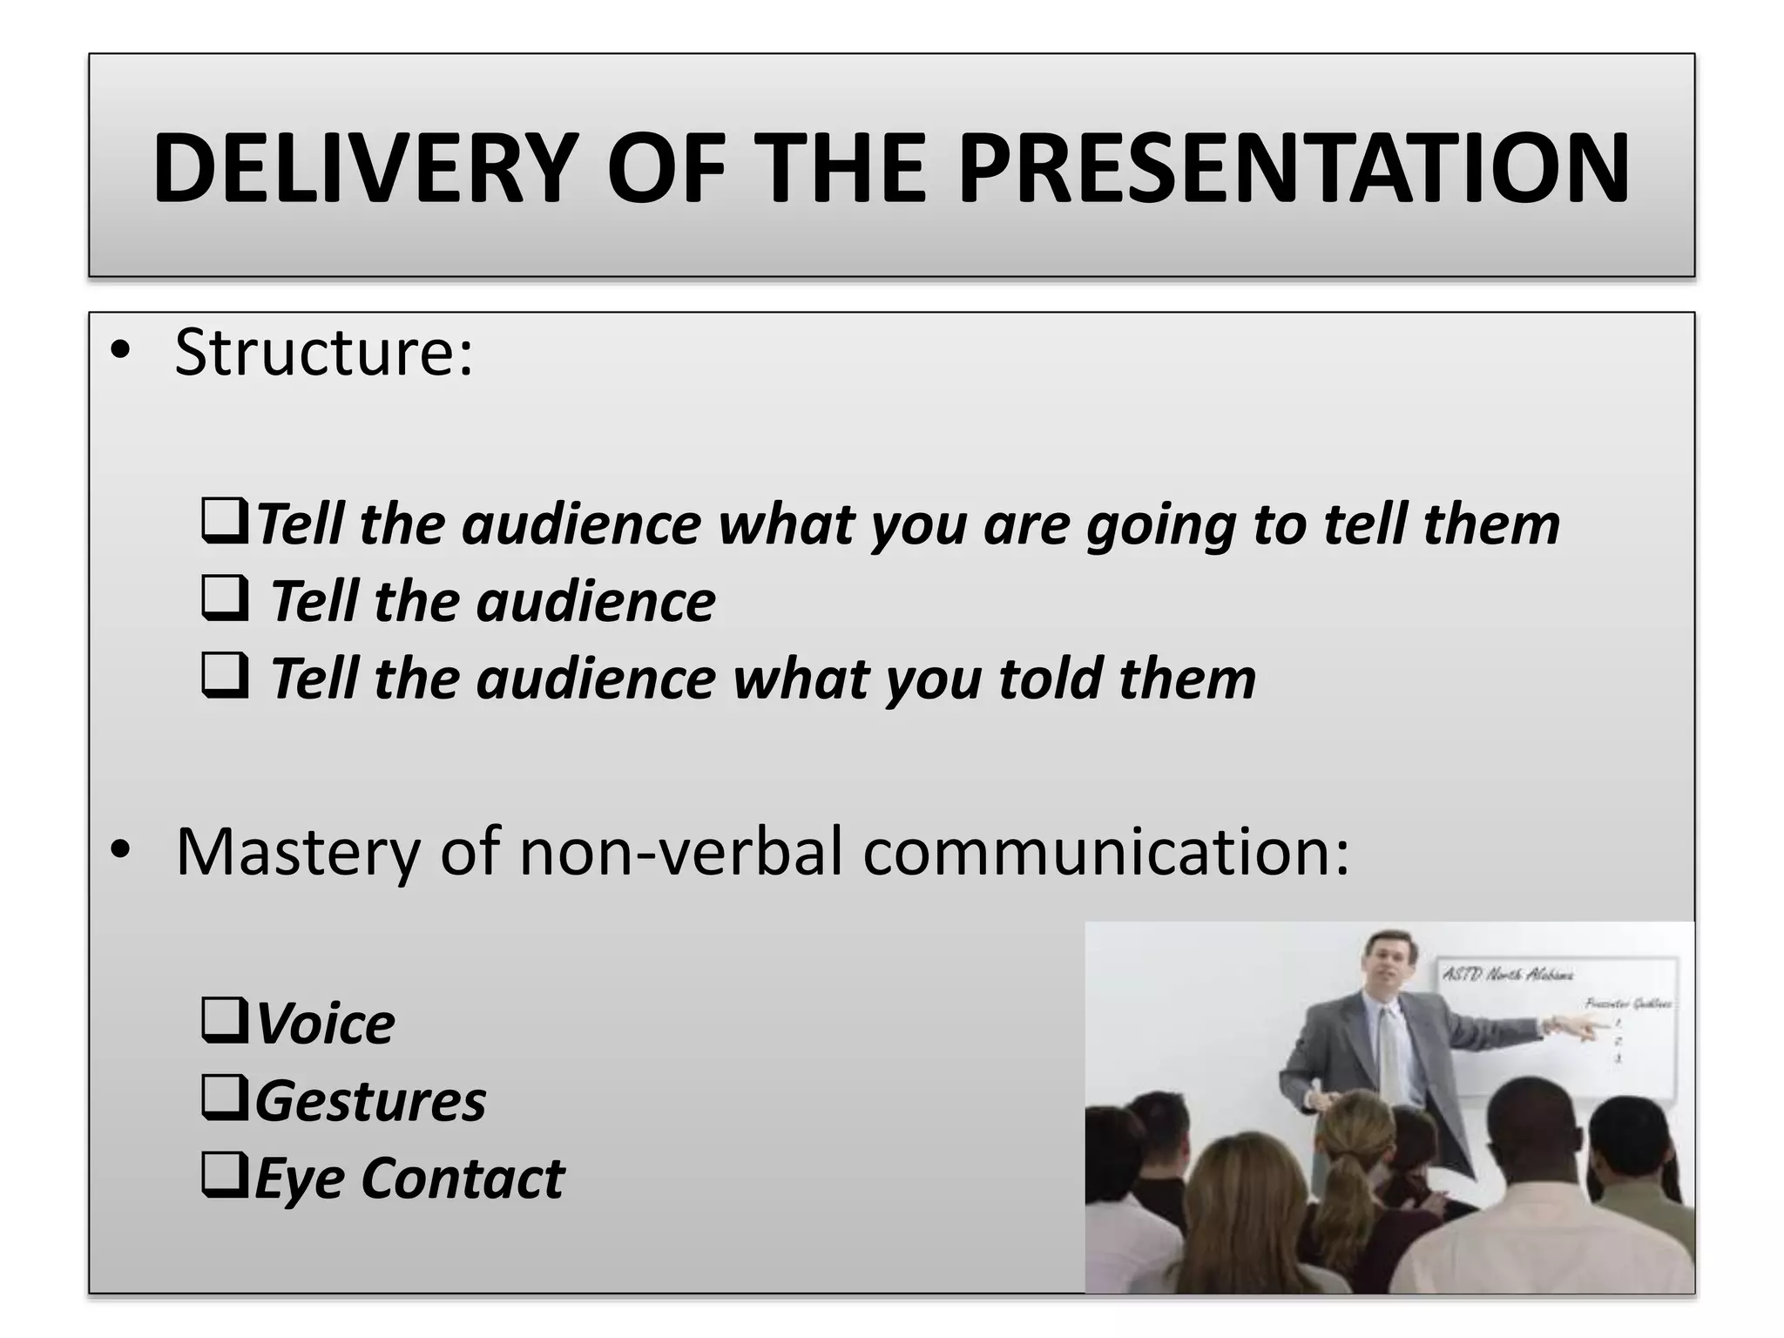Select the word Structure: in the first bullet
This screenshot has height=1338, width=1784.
(x=324, y=353)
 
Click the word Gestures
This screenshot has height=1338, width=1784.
(x=370, y=1101)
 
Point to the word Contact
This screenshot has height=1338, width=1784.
(x=463, y=1178)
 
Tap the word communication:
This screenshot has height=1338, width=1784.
(x=1106, y=851)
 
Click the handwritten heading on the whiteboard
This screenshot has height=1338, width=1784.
(x=1507, y=975)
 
